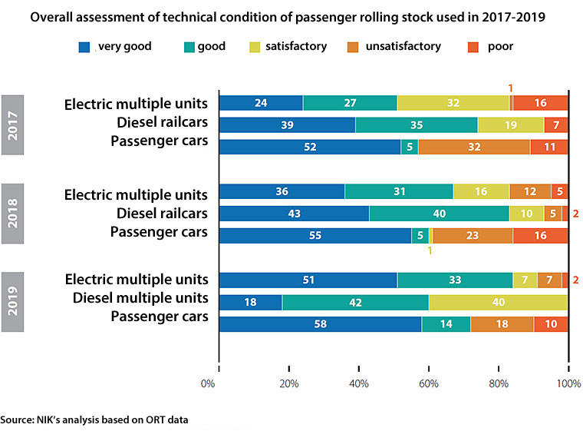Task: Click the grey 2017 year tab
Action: (x=14, y=124)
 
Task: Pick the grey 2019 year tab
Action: (x=14, y=301)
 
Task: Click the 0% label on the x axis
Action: (x=207, y=383)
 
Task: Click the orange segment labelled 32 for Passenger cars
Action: (x=473, y=147)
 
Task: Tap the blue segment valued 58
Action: (x=320, y=324)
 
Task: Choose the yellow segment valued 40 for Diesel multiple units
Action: (x=498, y=303)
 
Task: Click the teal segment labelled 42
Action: (x=355, y=303)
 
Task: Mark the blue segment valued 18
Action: (x=250, y=303)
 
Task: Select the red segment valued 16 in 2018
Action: (x=540, y=236)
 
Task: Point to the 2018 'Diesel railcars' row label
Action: (x=163, y=211)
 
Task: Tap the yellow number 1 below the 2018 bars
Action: (x=430, y=250)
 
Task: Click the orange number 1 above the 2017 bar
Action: (x=511, y=87)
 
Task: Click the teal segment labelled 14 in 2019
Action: (x=446, y=324)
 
